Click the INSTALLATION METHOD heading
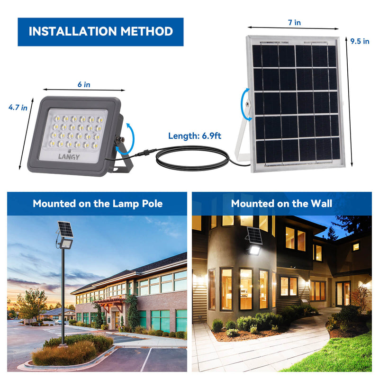[x=100, y=32]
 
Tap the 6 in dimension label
[x=84, y=84]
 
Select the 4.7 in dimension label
[x=18, y=108]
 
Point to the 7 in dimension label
[x=294, y=22]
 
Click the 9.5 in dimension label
[x=360, y=41]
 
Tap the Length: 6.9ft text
[x=195, y=136]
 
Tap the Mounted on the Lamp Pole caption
[x=98, y=204]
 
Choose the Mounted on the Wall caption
[x=281, y=204]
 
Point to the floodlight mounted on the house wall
[x=253, y=250]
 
